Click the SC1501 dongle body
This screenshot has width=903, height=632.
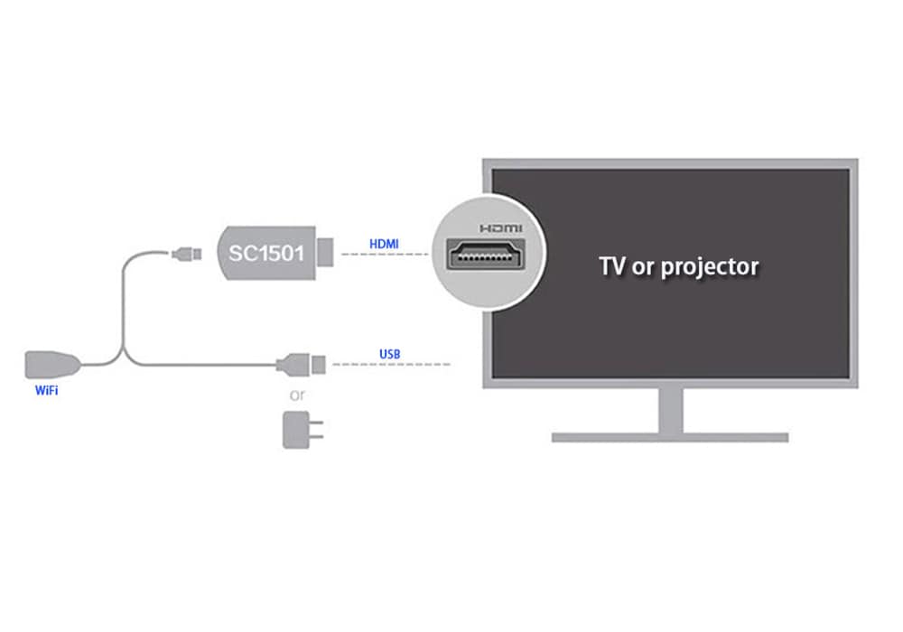tap(265, 254)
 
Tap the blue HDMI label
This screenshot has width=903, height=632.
tap(384, 244)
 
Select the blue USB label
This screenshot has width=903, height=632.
tap(390, 354)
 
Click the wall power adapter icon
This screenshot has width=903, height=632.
tap(302, 430)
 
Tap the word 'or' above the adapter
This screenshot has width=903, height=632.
tap(297, 395)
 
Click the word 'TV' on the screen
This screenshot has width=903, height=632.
tap(612, 266)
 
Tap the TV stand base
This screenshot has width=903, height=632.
tap(669, 437)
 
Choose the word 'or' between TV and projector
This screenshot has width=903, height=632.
tap(643, 267)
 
